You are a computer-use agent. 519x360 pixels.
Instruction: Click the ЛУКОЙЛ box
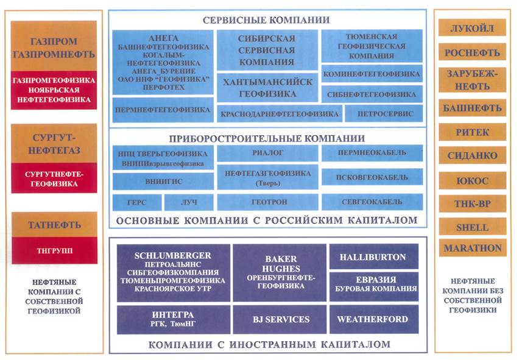(473, 28)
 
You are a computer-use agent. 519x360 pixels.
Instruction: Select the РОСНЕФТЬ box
(473, 52)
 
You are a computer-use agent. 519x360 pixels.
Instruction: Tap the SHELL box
(473, 227)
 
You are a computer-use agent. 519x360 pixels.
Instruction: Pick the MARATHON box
(473, 248)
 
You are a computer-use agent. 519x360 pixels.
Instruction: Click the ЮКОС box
(473, 180)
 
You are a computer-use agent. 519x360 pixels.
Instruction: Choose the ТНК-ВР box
(473, 204)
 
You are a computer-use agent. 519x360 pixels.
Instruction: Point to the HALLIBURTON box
(373, 257)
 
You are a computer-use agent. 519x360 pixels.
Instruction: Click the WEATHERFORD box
(373, 319)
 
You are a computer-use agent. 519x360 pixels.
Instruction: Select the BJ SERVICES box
(281, 319)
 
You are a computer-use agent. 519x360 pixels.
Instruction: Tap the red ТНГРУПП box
(54, 250)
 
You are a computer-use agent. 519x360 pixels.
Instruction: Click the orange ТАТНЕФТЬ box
(54, 225)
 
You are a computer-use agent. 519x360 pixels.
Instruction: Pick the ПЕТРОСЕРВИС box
(383, 114)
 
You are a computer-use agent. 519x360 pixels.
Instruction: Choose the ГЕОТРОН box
(269, 202)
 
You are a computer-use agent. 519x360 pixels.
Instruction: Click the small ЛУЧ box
(189, 202)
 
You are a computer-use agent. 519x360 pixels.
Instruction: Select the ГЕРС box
(137, 202)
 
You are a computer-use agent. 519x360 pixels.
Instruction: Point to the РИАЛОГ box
(269, 154)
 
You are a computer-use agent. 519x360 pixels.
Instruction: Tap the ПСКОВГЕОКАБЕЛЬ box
(372, 178)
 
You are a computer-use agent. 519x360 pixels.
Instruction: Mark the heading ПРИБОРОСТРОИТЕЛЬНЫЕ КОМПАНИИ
(269, 138)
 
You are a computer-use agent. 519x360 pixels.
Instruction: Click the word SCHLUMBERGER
(174, 255)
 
